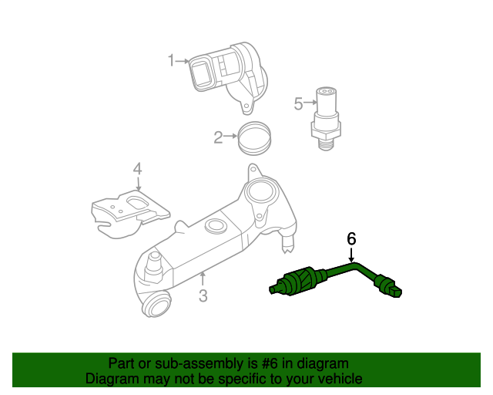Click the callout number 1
point(172,60)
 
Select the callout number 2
point(218,137)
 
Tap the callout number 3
point(203,295)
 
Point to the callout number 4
point(137,168)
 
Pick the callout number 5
point(298,103)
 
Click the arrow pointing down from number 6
point(352,255)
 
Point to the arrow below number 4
point(137,184)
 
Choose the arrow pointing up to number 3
point(203,279)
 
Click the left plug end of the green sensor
point(275,290)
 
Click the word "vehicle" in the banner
point(337,379)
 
